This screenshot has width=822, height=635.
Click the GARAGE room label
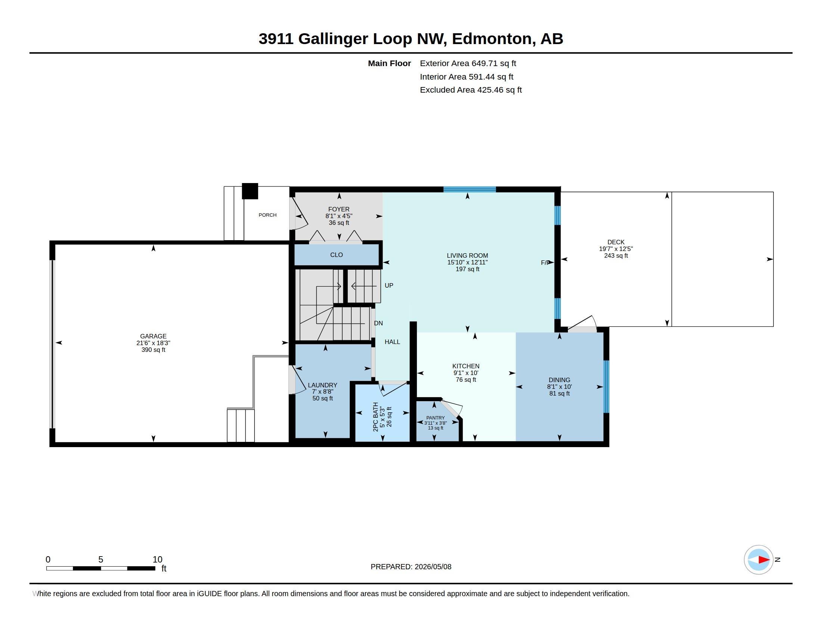tap(153, 336)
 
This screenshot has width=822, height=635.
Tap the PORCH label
tap(268, 215)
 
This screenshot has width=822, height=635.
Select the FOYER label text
tap(339, 209)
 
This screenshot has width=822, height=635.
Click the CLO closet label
tap(337, 255)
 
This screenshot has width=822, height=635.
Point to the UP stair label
tap(389, 285)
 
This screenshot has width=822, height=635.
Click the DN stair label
tap(378, 323)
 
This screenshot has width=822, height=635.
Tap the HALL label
tap(392, 342)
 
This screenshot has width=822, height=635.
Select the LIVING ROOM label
tap(467, 255)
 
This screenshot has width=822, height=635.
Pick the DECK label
tap(616, 242)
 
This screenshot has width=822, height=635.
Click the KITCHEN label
tap(466, 366)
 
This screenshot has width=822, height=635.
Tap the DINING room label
tap(559, 380)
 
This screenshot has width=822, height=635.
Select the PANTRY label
tap(435, 418)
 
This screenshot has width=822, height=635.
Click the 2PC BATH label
tap(376, 417)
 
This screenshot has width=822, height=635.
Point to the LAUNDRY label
tap(322, 385)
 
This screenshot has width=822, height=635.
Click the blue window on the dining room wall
tap(606, 387)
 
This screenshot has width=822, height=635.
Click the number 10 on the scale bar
tap(157, 560)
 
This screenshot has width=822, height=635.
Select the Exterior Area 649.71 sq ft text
tap(468, 63)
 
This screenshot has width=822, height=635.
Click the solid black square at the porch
tap(250, 191)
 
